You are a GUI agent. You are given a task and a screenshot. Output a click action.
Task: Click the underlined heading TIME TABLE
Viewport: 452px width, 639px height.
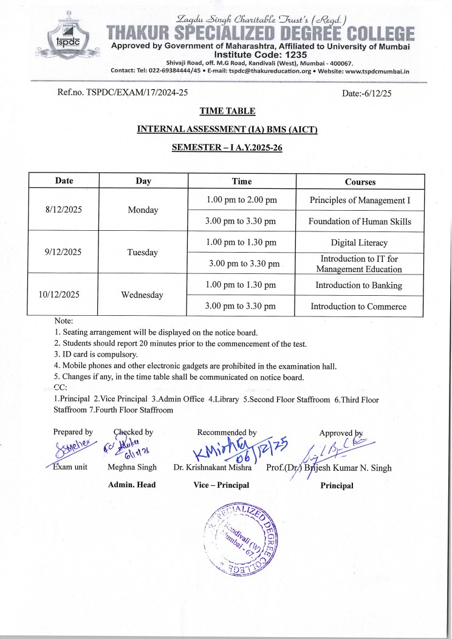point(227,111)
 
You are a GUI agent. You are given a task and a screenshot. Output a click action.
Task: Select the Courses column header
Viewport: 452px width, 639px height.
point(360,182)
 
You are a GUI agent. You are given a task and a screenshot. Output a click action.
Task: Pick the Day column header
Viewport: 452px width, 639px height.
point(143,181)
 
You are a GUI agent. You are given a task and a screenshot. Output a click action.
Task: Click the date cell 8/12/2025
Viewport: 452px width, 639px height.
point(64,210)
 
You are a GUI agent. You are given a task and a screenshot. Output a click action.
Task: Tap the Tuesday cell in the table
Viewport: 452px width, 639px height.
point(143,252)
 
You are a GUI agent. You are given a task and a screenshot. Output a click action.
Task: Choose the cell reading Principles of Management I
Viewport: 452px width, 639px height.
point(360,200)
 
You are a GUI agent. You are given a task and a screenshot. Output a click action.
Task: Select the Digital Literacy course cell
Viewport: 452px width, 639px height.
point(359,242)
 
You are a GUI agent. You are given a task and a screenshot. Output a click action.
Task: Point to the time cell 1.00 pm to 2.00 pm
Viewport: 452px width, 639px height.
point(242,200)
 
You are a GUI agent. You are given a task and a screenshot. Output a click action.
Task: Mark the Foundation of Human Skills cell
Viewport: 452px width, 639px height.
point(360,221)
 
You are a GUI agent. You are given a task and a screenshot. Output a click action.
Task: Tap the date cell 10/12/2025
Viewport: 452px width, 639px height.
point(64,295)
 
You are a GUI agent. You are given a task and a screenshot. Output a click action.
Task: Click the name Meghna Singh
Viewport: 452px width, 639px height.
point(132,468)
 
